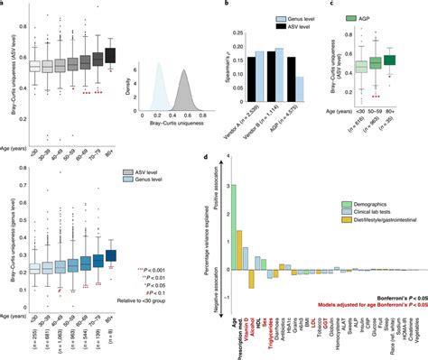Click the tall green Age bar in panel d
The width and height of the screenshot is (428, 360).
tap(233, 216)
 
